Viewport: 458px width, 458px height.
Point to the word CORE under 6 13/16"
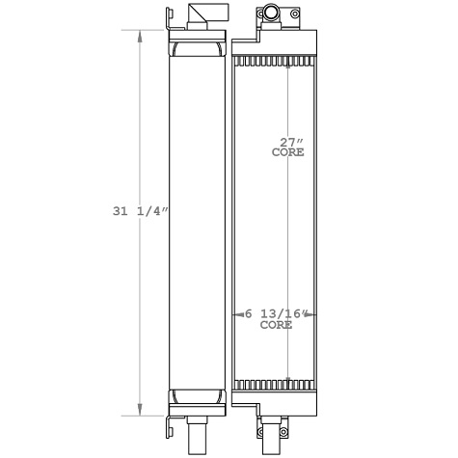pos(277,326)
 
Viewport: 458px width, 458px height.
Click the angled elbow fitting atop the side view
pos(202,16)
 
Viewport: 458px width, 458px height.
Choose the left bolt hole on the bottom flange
pos(260,417)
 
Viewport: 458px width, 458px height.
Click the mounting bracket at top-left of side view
pos(165,24)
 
